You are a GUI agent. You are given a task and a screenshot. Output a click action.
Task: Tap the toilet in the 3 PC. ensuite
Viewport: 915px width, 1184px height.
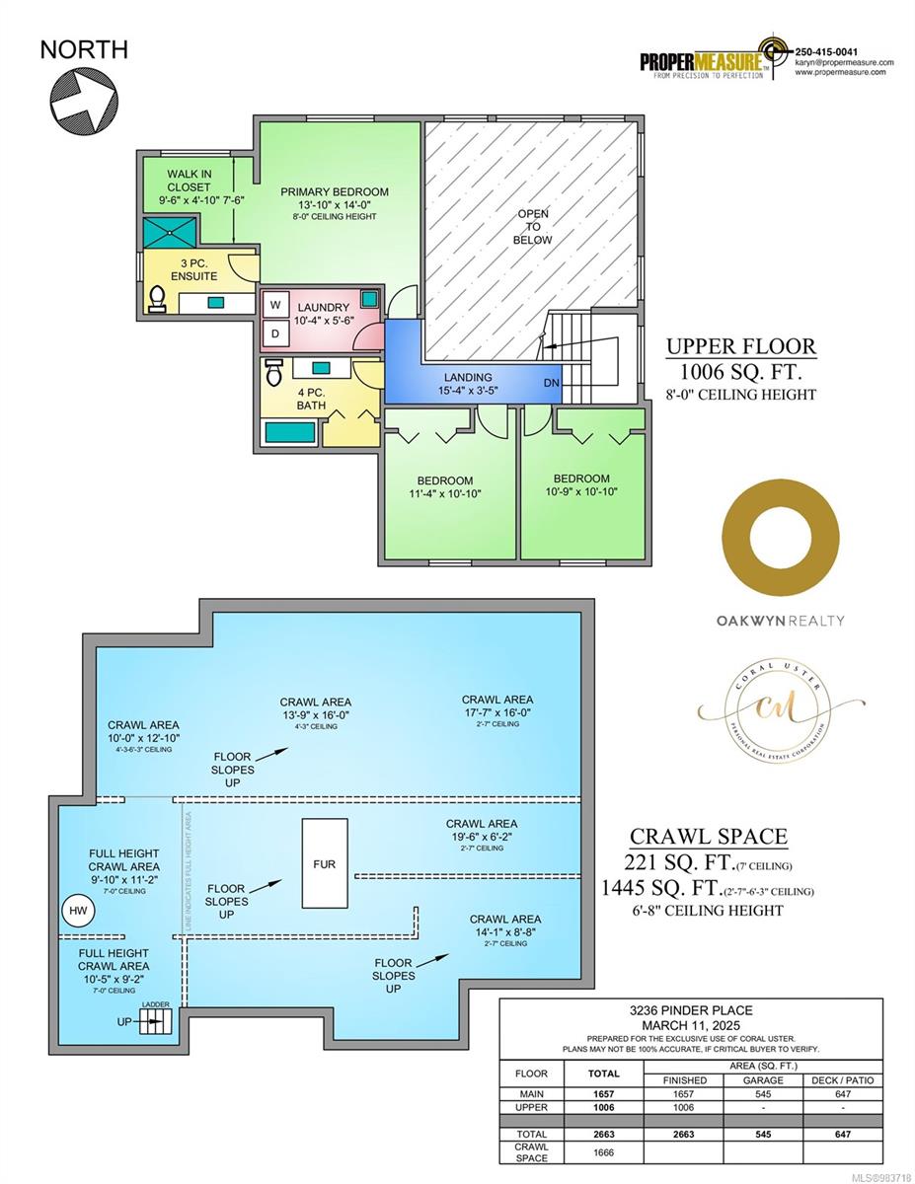(x=157, y=297)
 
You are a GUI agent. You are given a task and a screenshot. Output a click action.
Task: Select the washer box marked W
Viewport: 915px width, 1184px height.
(x=275, y=306)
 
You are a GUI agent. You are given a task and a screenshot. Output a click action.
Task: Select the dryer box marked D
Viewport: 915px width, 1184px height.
(x=275, y=333)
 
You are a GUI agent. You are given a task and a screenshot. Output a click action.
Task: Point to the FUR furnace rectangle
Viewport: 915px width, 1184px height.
(x=325, y=863)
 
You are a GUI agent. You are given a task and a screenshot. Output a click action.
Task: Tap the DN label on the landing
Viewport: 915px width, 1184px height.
(x=552, y=382)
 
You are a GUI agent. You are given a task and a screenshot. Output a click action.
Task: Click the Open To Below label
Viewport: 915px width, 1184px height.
(x=533, y=227)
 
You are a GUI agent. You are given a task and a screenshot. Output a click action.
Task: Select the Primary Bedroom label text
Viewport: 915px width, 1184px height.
(x=334, y=192)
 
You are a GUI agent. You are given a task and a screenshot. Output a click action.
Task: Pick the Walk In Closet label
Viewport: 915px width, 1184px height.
(x=189, y=181)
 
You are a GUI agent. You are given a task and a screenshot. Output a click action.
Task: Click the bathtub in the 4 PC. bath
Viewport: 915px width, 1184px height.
(x=290, y=431)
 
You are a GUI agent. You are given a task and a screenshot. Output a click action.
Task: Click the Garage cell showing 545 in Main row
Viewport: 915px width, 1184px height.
(x=763, y=1094)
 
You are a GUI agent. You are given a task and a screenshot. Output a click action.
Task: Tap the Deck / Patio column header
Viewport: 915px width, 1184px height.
(x=842, y=1079)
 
